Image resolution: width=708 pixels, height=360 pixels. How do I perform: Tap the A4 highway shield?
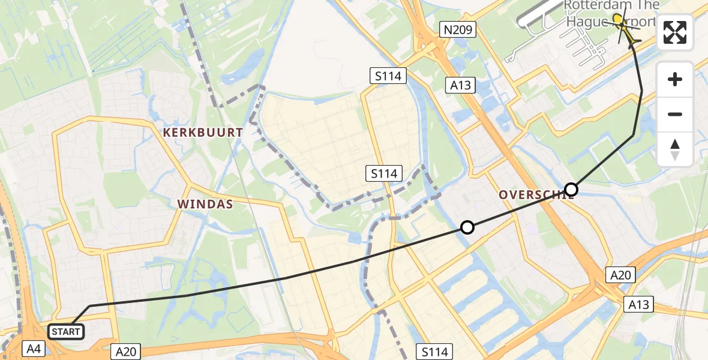[32, 348]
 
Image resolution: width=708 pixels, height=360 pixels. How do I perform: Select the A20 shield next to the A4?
[126, 352]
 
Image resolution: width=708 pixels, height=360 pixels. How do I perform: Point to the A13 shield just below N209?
[461, 85]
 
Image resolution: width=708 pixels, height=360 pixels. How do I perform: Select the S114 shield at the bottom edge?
[436, 352]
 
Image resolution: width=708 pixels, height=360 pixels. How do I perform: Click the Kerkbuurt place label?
[202, 133]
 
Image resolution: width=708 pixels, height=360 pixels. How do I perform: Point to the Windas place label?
[205, 205]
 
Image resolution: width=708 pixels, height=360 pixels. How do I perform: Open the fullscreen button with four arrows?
[675, 32]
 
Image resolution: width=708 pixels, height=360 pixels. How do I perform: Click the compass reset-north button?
[675, 149]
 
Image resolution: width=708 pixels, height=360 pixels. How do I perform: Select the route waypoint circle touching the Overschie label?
[571, 190]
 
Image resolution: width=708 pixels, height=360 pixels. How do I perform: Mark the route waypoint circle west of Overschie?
[467, 227]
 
